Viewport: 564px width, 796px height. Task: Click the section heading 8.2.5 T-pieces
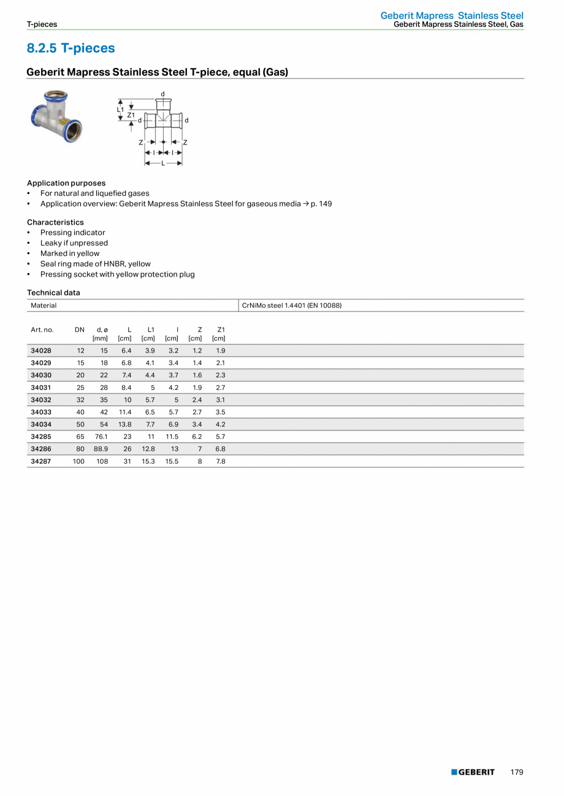[70, 48]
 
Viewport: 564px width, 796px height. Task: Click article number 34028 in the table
[41, 351]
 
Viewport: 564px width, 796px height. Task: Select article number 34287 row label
[41, 461]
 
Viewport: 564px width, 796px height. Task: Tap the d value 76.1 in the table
[101, 437]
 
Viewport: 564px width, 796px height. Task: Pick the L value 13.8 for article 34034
[124, 424]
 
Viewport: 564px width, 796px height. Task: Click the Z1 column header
[221, 329]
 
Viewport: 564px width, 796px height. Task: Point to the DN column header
[80, 329]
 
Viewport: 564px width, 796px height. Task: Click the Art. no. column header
[42, 329]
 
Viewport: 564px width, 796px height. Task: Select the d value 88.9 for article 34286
[101, 449]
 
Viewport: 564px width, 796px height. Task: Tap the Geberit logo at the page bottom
[473, 772]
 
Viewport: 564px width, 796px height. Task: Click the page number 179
[517, 772]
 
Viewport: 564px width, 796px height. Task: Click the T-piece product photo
[56, 116]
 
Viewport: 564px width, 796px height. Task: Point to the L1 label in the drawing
[121, 109]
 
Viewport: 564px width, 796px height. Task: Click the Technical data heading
[53, 293]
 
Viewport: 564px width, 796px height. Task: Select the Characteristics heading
[55, 222]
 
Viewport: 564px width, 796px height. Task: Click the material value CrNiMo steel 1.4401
[292, 305]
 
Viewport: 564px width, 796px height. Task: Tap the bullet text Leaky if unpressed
[74, 243]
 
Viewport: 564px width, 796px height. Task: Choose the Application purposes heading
[66, 183]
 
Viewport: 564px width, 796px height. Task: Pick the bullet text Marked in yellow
[70, 253]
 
